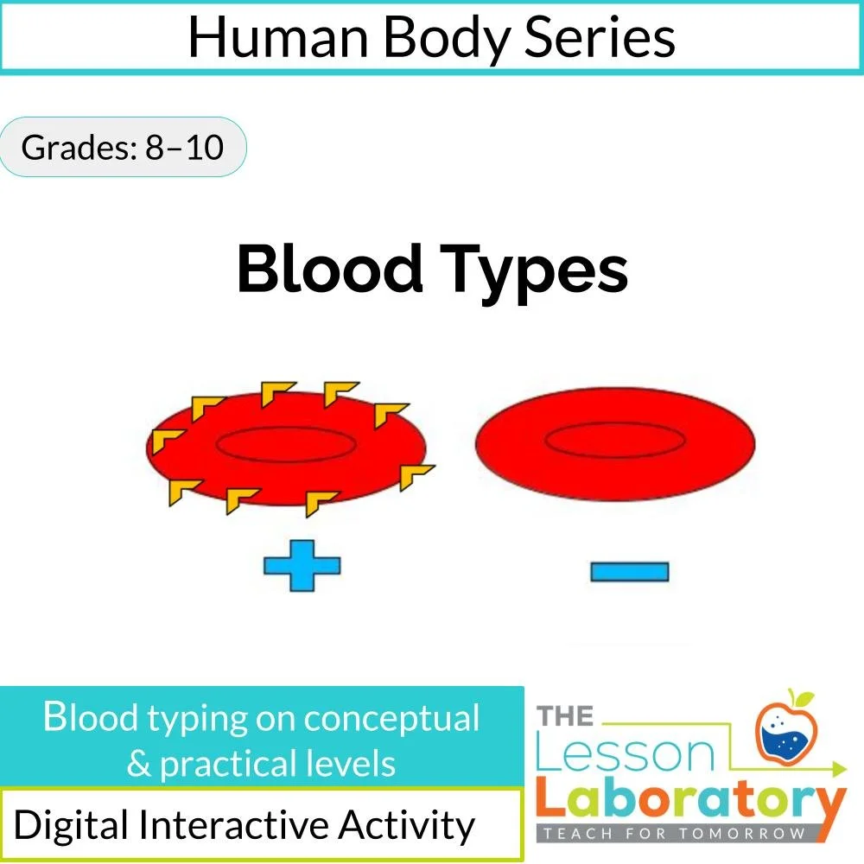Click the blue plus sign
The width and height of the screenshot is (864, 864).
pyautogui.click(x=302, y=568)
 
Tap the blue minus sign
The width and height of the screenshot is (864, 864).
pyautogui.click(x=629, y=571)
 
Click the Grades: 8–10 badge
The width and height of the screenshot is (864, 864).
pyautogui.click(x=122, y=148)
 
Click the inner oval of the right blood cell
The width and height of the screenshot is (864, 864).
pyautogui.click(x=614, y=441)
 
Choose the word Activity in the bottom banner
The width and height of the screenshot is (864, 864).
pyautogui.click(x=406, y=826)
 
